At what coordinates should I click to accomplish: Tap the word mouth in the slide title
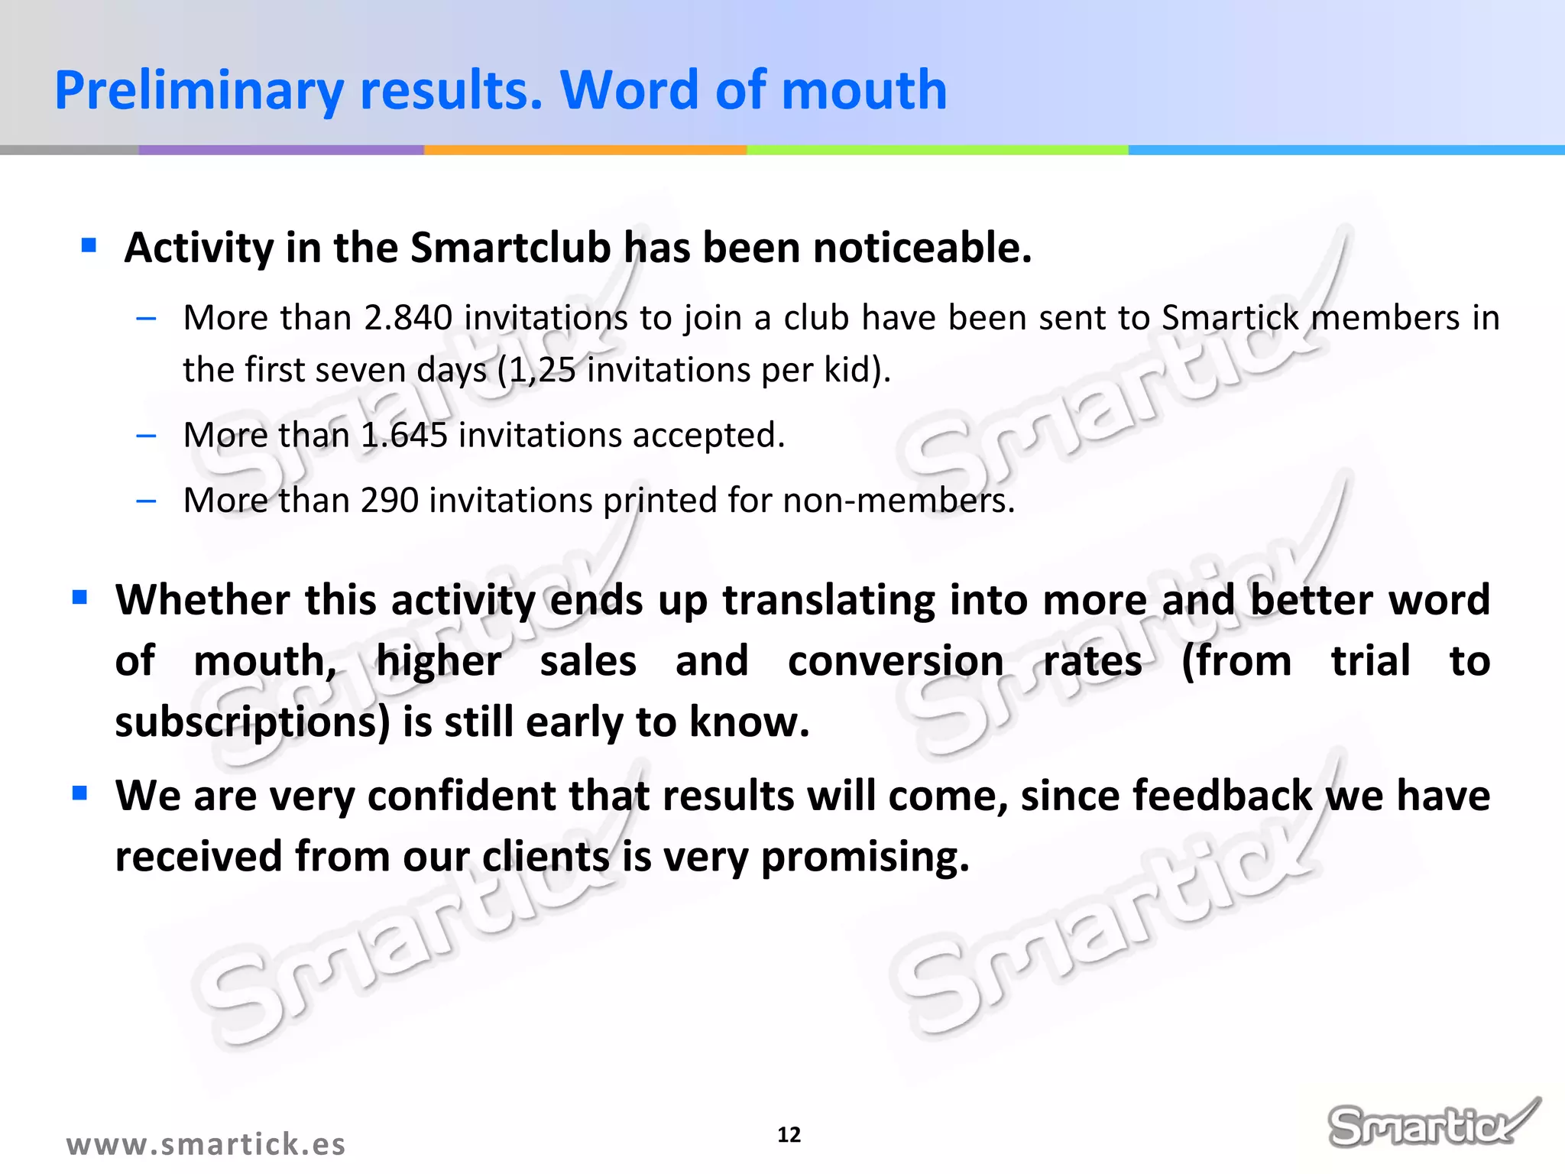tap(864, 90)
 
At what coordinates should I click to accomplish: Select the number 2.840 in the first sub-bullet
tap(408, 318)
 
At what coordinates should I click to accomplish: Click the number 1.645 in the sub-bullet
tap(404, 436)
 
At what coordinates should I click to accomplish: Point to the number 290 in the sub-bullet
tap(390, 501)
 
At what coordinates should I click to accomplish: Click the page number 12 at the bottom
tap(789, 1135)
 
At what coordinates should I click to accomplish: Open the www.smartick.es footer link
tap(206, 1144)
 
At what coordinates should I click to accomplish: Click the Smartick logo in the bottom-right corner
tap(1431, 1123)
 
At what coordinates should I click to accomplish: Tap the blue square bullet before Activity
tap(89, 245)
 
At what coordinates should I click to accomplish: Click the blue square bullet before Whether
tap(80, 597)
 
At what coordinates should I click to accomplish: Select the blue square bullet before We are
tap(80, 793)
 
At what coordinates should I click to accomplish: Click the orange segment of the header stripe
tap(585, 150)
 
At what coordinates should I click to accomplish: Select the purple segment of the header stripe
tap(280, 150)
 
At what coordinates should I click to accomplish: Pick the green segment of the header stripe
tap(937, 150)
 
